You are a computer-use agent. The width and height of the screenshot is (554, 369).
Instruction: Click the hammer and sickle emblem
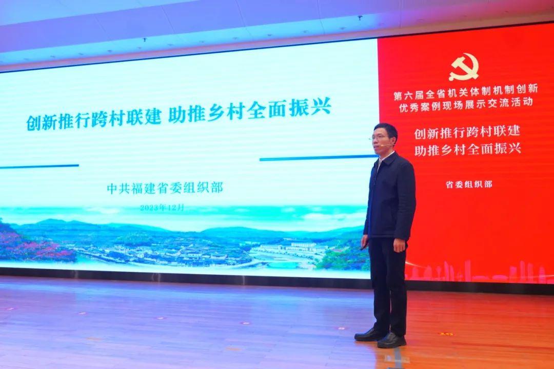(x=464, y=67)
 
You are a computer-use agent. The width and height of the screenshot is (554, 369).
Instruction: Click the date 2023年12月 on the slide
(x=162, y=208)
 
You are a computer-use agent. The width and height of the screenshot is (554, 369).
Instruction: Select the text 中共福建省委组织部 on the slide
(x=165, y=188)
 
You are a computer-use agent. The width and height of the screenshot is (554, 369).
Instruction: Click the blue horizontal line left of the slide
(x=39, y=166)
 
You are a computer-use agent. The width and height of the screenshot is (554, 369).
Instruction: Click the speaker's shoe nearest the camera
(x=391, y=340)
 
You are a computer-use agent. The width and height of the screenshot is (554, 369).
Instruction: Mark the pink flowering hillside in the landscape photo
(x=32, y=243)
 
